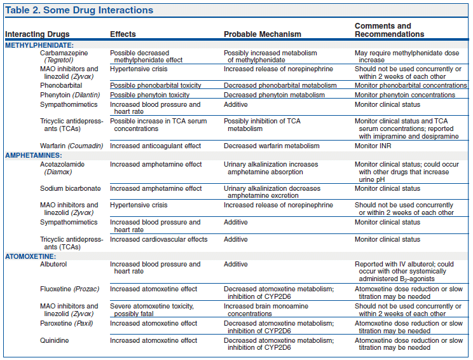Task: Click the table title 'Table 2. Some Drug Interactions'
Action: [x=79, y=10]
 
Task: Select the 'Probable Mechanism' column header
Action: [x=263, y=34]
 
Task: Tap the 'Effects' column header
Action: [x=123, y=34]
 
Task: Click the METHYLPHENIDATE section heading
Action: [x=39, y=45]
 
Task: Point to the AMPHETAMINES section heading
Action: [x=34, y=155]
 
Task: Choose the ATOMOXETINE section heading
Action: [x=31, y=256]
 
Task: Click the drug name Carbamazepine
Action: [x=64, y=53]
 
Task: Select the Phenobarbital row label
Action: [x=61, y=85]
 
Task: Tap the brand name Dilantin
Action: [x=86, y=95]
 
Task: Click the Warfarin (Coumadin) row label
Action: [x=71, y=146]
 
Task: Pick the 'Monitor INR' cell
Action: [x=373, y=146]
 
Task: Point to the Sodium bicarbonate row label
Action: [x=71, y=189]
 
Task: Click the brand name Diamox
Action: [x=58, y=172]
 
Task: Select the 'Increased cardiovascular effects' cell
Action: [x=159, y=239]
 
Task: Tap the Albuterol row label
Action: [x=53, y=264]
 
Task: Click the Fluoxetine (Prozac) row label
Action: [x=70, y=289]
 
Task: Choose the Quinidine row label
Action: [x=54, y=340]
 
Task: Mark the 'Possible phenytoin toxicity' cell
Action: [x=149, y=95]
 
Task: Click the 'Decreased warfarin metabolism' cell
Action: [x=271, y=146]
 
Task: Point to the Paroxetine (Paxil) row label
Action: [x=66, y=324]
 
